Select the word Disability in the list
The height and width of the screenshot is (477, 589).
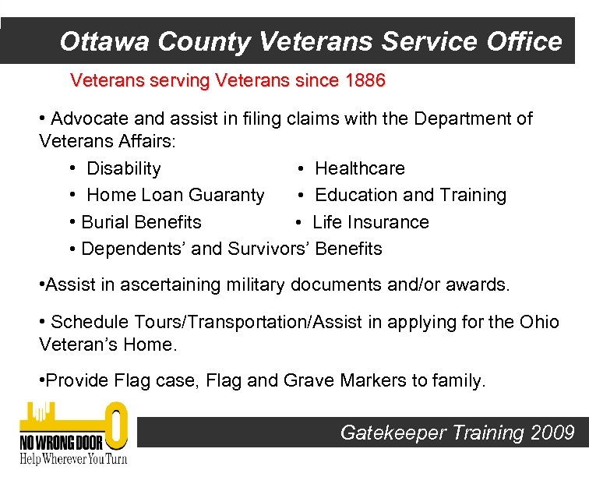(124, 168)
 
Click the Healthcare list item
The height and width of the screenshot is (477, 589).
(360, 168)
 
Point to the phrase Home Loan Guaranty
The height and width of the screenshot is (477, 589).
(175, 195)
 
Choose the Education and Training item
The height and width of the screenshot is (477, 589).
(411, 195)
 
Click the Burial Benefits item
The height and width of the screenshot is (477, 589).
(141, 222)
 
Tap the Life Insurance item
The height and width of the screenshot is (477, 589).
(371, 222)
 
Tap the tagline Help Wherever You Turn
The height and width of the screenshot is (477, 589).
(73, 458)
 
